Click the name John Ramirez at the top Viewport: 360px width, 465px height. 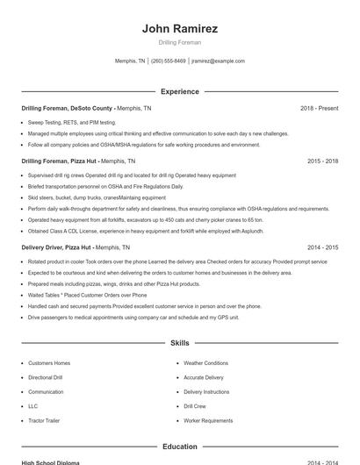tap(179, 29)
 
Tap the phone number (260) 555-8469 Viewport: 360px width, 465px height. tap(169, 61)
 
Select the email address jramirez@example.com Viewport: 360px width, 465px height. tap(218, 61)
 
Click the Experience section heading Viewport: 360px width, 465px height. tap(179, 91)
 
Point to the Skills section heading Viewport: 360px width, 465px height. tap(179, 343)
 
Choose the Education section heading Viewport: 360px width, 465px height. tap(179, 447)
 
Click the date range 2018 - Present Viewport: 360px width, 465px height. tap(319, 108)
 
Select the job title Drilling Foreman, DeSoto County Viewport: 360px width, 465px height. tap(68, 108)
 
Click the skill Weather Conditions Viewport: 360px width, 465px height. tap(205, 363)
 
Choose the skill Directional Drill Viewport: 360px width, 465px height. tap(46, 377)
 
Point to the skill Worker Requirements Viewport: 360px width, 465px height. tap(208, 421)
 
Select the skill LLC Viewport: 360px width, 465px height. tap(33, 406)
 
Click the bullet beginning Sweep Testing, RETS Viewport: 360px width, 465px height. tap(73, 122)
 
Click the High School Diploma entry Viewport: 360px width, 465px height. tap(50, 462)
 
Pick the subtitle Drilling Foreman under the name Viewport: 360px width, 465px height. tap(179, 42)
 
